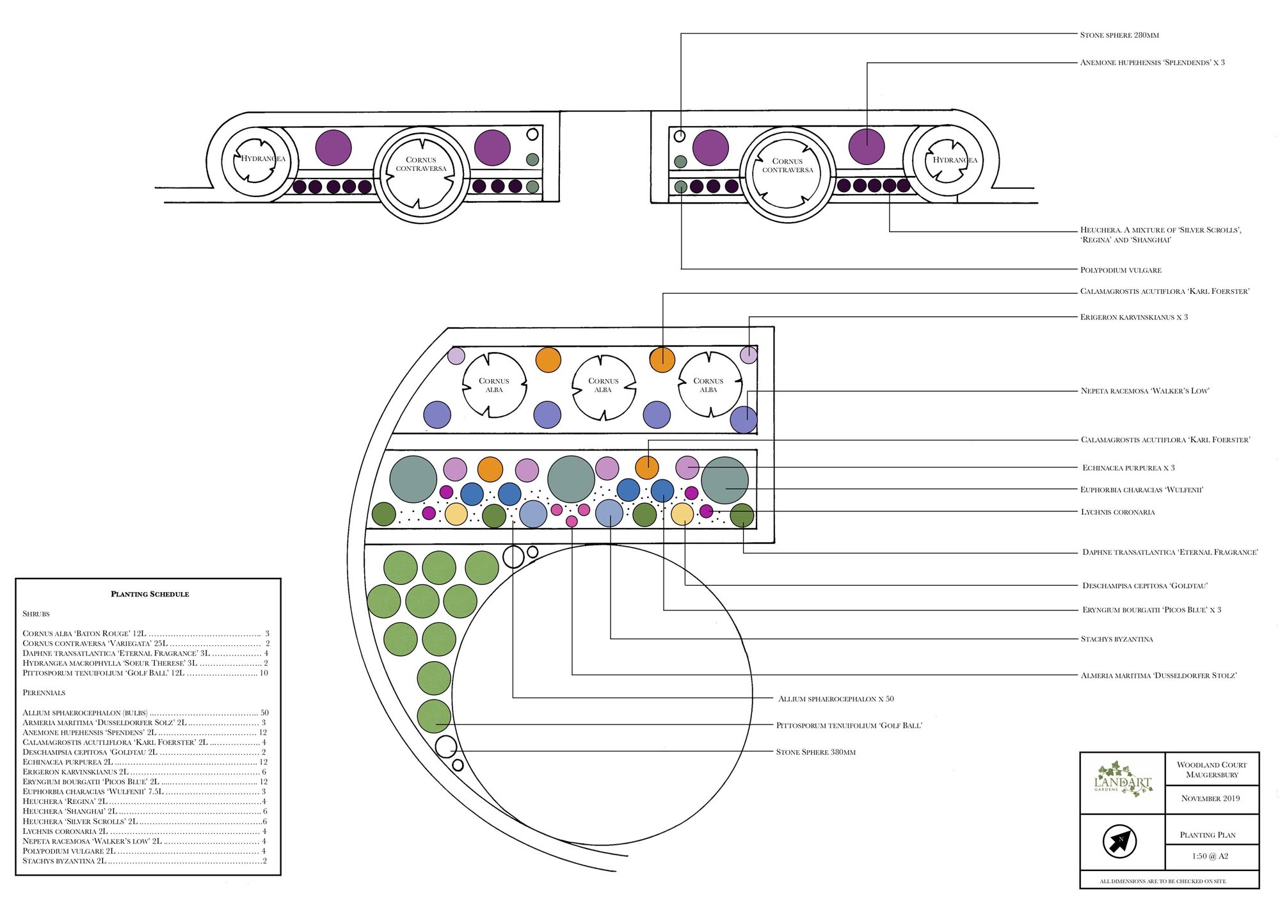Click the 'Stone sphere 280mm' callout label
pos(1119,35)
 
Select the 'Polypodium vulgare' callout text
pos(1121,270)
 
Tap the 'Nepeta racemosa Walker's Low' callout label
pos(1145,391)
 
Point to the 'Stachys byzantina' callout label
pos(1117,639)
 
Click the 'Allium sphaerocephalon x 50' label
pos(836,699)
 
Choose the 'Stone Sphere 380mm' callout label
pos(815,752)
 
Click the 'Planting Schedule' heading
pos(150,594)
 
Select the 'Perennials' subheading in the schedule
pos(44,693)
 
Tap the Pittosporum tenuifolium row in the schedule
pos(145,673)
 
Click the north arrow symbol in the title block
pos(1119,841)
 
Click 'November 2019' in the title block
pos(1210,799)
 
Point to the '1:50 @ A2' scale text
pos(1210,856)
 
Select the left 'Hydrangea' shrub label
pos(262,159)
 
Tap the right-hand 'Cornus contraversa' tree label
pos(787,166)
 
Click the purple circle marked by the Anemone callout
pos(867,146)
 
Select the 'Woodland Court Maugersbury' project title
pos(1212,770)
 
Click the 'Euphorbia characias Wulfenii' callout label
pos(1142,490)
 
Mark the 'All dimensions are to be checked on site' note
pos(1162,881)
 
